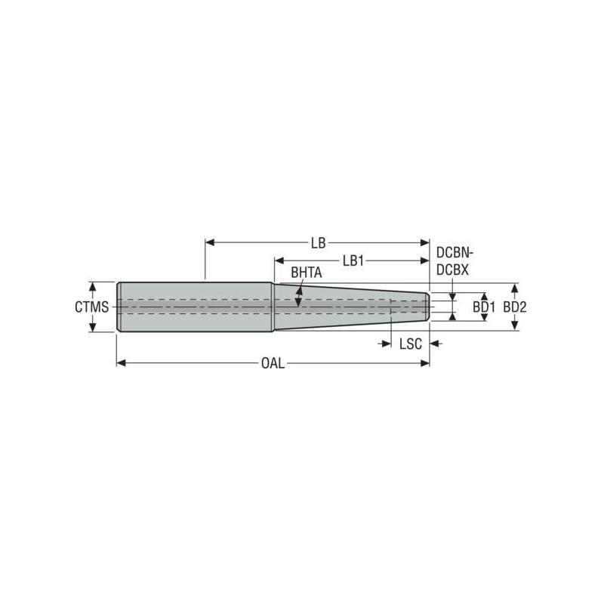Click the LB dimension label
(318, 243)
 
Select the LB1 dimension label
(353, 260)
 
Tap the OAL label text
(273, 363)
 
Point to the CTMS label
(91, 307)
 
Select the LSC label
(410, 344)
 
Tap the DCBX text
(453, 269)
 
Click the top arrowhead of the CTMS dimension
(93, 286)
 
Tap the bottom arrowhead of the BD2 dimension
(515, 325)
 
